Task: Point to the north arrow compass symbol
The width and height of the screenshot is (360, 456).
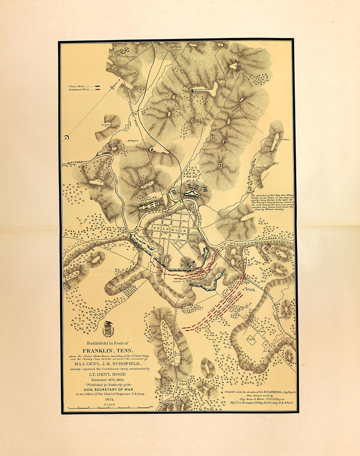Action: pyautogui.click(x=113, y=88)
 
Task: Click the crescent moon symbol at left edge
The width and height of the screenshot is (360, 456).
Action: pyautogui.click(x=66, y=138)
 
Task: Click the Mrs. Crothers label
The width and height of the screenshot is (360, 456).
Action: pyautogui.click(x=283, y=140)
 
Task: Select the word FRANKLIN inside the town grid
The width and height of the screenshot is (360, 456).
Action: pyautogui.click(x=170, y=230)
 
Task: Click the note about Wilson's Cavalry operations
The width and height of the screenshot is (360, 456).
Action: pyautogui.click(x=272, y=202)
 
